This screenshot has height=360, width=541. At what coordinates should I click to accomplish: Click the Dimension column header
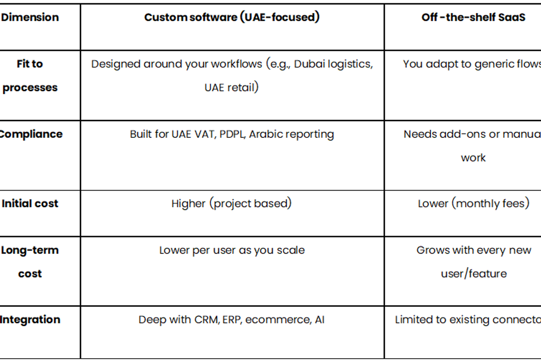click(x=30, y=18)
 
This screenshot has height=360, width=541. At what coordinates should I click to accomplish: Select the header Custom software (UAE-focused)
click(x=232, y=18)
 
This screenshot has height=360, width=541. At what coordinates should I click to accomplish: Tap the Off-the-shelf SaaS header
click(x=473, y=18)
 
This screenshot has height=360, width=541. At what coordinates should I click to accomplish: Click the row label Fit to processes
click(x=30, y=76)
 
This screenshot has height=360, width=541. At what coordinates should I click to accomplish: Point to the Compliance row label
click(x=31, y=134)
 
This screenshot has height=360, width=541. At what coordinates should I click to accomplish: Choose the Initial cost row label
click(x=30, y=204)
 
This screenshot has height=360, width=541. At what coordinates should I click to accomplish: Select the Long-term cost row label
click(x=30, y=262)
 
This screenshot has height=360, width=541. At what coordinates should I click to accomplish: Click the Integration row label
click(x=30, y=320)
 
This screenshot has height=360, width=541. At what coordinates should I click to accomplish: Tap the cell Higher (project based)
click(x=232, y=204)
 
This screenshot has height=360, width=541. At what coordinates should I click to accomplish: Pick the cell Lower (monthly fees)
click(x=473, y=204)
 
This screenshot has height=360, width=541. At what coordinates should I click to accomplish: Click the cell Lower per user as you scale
click(x=232, y=251)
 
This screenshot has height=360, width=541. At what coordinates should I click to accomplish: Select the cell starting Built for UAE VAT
click(x=232, y=134)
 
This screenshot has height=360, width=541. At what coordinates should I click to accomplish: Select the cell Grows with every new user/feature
click(x=473, y=262)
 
